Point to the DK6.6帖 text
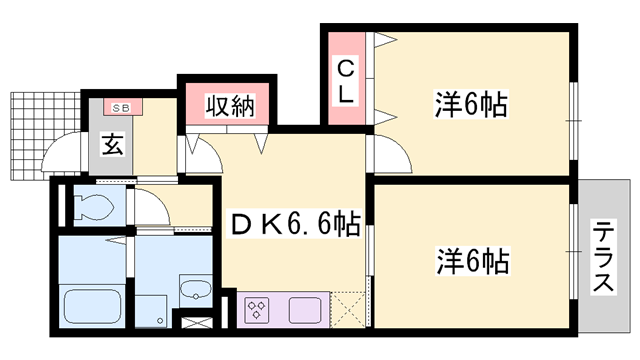pyautogui.click(x=294, y=223)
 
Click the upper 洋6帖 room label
pyautogui.click(x=470, y=103)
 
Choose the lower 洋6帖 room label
pyautogui.click(x=471, y=263)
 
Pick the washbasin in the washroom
pyautogui.click(x=196, y=291)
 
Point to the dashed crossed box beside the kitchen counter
pyautogui.click(x=350, y=307)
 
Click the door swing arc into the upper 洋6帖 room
pyautogui.click(x=391, y=155)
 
